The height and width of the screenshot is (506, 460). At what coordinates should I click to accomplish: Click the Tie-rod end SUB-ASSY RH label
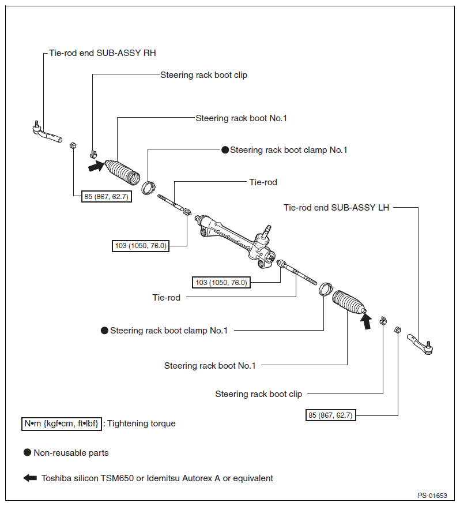(x=103, y=53)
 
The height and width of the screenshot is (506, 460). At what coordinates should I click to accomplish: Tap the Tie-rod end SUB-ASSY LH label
(x=336, y=208)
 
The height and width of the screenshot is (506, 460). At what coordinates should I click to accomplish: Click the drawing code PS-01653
(x=432, y=496)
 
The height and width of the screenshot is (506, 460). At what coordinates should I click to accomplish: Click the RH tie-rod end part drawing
(x=47, y=133)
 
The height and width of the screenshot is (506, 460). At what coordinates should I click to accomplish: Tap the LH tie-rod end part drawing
(x=420, y=344)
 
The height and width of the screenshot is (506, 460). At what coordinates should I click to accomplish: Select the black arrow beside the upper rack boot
(x=96, y=166)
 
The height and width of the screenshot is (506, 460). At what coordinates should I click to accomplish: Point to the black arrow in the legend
(x=30, y=478)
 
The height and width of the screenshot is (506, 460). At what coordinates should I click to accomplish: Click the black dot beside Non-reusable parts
(x=28, y=452)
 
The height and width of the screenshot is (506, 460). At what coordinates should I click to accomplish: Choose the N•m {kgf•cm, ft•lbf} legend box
(x=62, y=423)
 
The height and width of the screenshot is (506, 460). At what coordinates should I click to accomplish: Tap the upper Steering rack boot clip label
(x=203, y=75)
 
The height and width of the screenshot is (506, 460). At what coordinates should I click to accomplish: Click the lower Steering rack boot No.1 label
(x=210, y=366)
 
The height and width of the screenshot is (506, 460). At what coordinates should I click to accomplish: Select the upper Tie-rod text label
(x=263, y=182)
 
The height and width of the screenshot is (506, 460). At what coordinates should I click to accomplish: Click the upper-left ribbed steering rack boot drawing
(x=123, y=172)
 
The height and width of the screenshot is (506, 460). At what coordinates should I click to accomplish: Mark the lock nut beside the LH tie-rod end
(x=398, y=330)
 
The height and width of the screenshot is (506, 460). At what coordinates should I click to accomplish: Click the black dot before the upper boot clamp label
(x=225, y=150)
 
